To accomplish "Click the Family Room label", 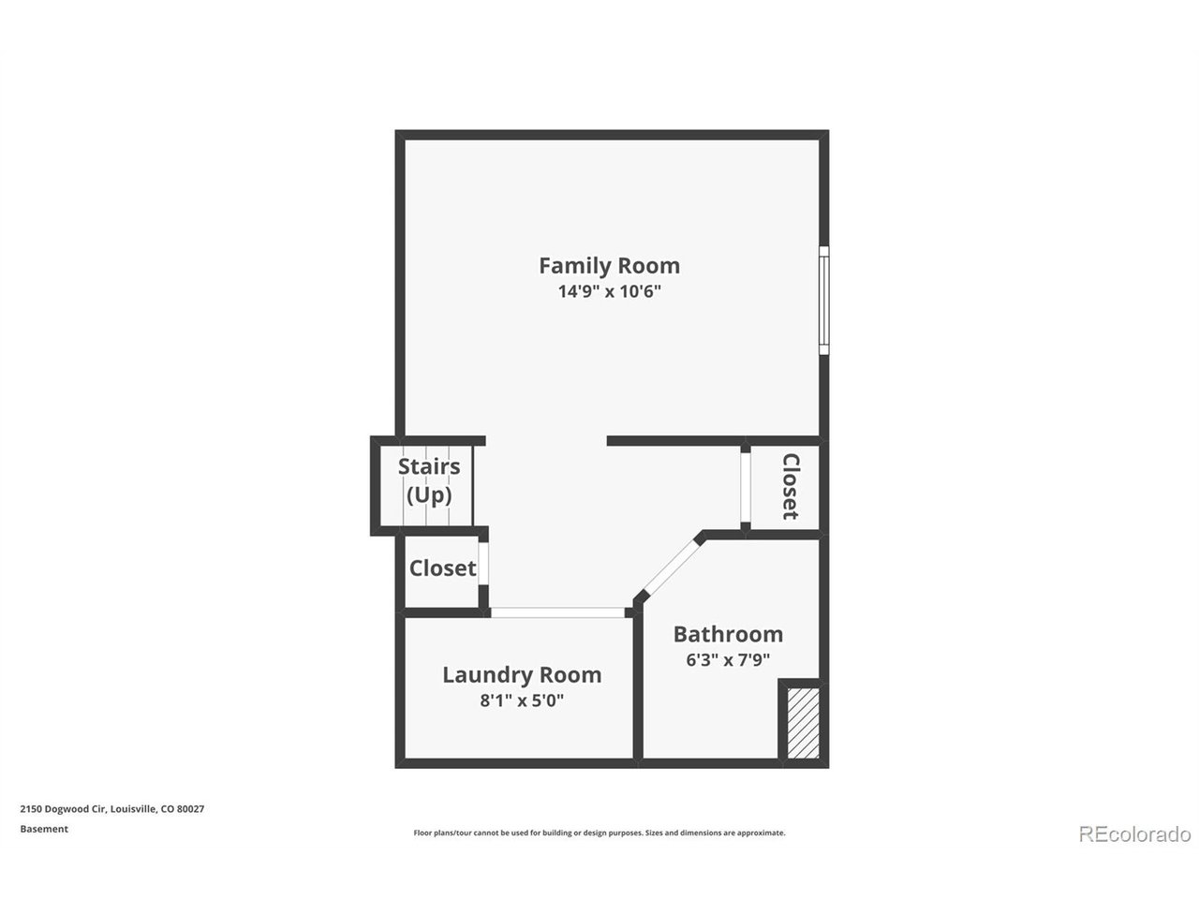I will tap(609, 265).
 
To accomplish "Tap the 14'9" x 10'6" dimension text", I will tap(609, 291).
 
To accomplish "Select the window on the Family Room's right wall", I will tap(823, 301).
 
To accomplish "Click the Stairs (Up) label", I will tap(429, 480).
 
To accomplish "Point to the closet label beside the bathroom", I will tap(790, 487).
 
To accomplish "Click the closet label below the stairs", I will tap(442, 568).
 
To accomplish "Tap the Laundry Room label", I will tap(522, 674).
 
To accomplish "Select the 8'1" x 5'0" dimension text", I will tap(522, 700).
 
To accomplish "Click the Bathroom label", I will tap(728, 634).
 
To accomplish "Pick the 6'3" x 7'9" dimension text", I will tap(728, 659).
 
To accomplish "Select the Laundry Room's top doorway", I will tap(557, 612).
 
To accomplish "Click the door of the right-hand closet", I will tap(745, 487).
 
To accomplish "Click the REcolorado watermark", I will tap(1134, 833).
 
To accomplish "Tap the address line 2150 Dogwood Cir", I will tap(112, 809).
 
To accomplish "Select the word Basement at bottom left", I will tap(44, 829).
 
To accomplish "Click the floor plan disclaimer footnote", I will tap(599, 833).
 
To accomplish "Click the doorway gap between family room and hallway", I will tap(546, 441).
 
